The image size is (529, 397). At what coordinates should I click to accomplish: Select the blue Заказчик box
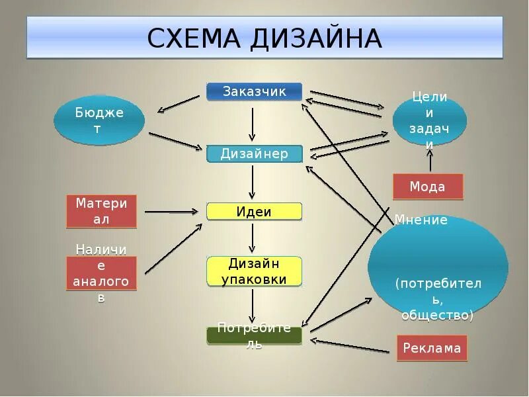[254, 91]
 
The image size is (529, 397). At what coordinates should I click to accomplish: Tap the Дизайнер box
[254, 154]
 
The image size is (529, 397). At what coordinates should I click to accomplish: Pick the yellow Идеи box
[254, 212]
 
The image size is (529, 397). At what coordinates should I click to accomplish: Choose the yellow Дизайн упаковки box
[254, 271]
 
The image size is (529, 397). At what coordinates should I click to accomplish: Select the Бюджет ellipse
[99, 120]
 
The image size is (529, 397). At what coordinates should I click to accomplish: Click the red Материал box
[101, 211]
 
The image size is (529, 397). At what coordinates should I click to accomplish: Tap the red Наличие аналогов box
[101, 274]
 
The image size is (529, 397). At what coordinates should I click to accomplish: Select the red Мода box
[428, 187]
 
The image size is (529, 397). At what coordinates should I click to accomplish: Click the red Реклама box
[432, 348]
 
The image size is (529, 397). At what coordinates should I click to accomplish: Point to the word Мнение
[421, 220]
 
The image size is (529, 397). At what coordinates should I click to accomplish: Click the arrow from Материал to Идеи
[171, 212]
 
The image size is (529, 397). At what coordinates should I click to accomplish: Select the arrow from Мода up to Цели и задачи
[430, 161]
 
